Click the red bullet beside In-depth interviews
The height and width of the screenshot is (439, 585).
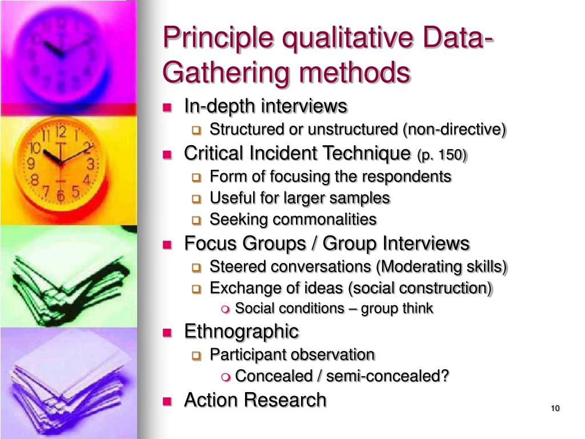click(167, 107)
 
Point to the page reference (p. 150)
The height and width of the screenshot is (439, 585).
click(442, 155)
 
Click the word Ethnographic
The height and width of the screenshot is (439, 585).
click(241, 331)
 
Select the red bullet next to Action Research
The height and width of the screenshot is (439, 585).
click(167, 401)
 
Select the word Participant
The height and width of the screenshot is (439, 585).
click(248, 355)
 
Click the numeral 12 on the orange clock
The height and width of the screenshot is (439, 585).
click(62, 133)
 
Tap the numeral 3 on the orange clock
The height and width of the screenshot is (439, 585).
click(90, 165)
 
